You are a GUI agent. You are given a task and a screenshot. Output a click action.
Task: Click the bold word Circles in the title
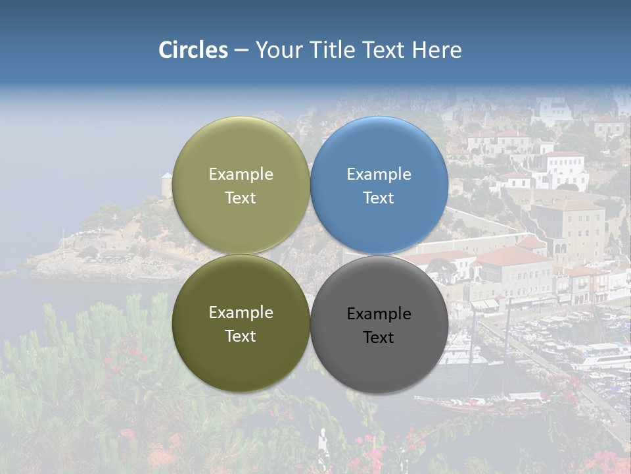click(x=193, y=50)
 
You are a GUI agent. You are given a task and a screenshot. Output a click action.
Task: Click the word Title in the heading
click(x=333, y=50)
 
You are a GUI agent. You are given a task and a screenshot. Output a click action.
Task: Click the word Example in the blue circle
click(x=379, y=174)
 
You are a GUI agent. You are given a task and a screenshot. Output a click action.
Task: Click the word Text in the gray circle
click(x=379, y=338)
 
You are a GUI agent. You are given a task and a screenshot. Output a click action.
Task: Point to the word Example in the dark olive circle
click(x=241, y=313)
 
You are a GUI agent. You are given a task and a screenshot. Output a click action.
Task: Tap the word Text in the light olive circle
click(x=241, y=198)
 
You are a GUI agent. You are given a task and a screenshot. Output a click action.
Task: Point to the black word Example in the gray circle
click(x=379, y=314)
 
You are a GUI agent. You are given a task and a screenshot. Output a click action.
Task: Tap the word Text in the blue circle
click(x=379, y=198)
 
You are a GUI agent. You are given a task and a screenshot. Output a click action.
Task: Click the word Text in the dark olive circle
click(x=241, y=336)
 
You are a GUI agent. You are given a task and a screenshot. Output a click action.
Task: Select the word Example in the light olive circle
click(x=241, y=174)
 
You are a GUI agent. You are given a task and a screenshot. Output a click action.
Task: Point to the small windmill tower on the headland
click(x=166, y=184)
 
